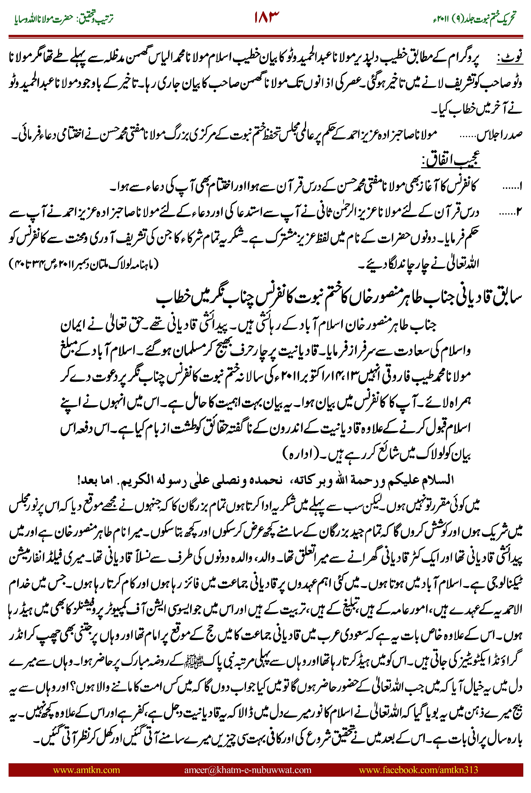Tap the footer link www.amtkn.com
tap(86, 770)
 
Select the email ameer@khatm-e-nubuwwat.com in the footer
tap(247, 770)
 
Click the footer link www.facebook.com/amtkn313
tap(418, 770)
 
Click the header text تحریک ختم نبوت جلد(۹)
tap(488, 19)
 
